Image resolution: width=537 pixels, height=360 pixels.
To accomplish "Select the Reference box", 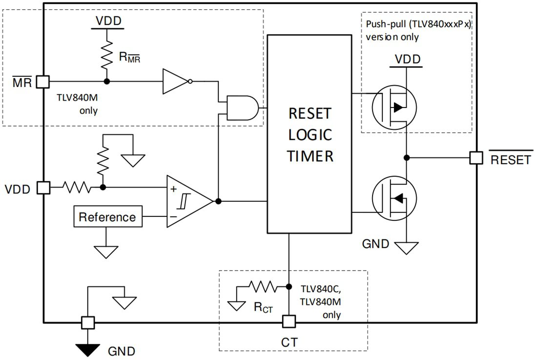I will point(108,217).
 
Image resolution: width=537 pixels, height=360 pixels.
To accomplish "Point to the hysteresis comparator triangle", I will point(187,201).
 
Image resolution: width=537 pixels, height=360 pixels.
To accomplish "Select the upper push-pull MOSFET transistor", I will point(393,106).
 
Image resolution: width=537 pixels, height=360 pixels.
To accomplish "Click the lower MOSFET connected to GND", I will point(393,198).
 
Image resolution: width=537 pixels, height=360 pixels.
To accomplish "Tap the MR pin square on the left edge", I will point(44,82).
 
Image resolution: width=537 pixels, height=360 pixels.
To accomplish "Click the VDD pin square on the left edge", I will point(44,187).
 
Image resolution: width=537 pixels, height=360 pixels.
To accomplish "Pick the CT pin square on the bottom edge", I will point(289,322).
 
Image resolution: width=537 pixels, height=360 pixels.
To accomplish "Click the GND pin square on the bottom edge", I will point(87,322).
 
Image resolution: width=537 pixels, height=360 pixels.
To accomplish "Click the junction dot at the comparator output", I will point(218,201).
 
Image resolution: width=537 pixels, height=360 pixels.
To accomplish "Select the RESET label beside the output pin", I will point(510,159).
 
